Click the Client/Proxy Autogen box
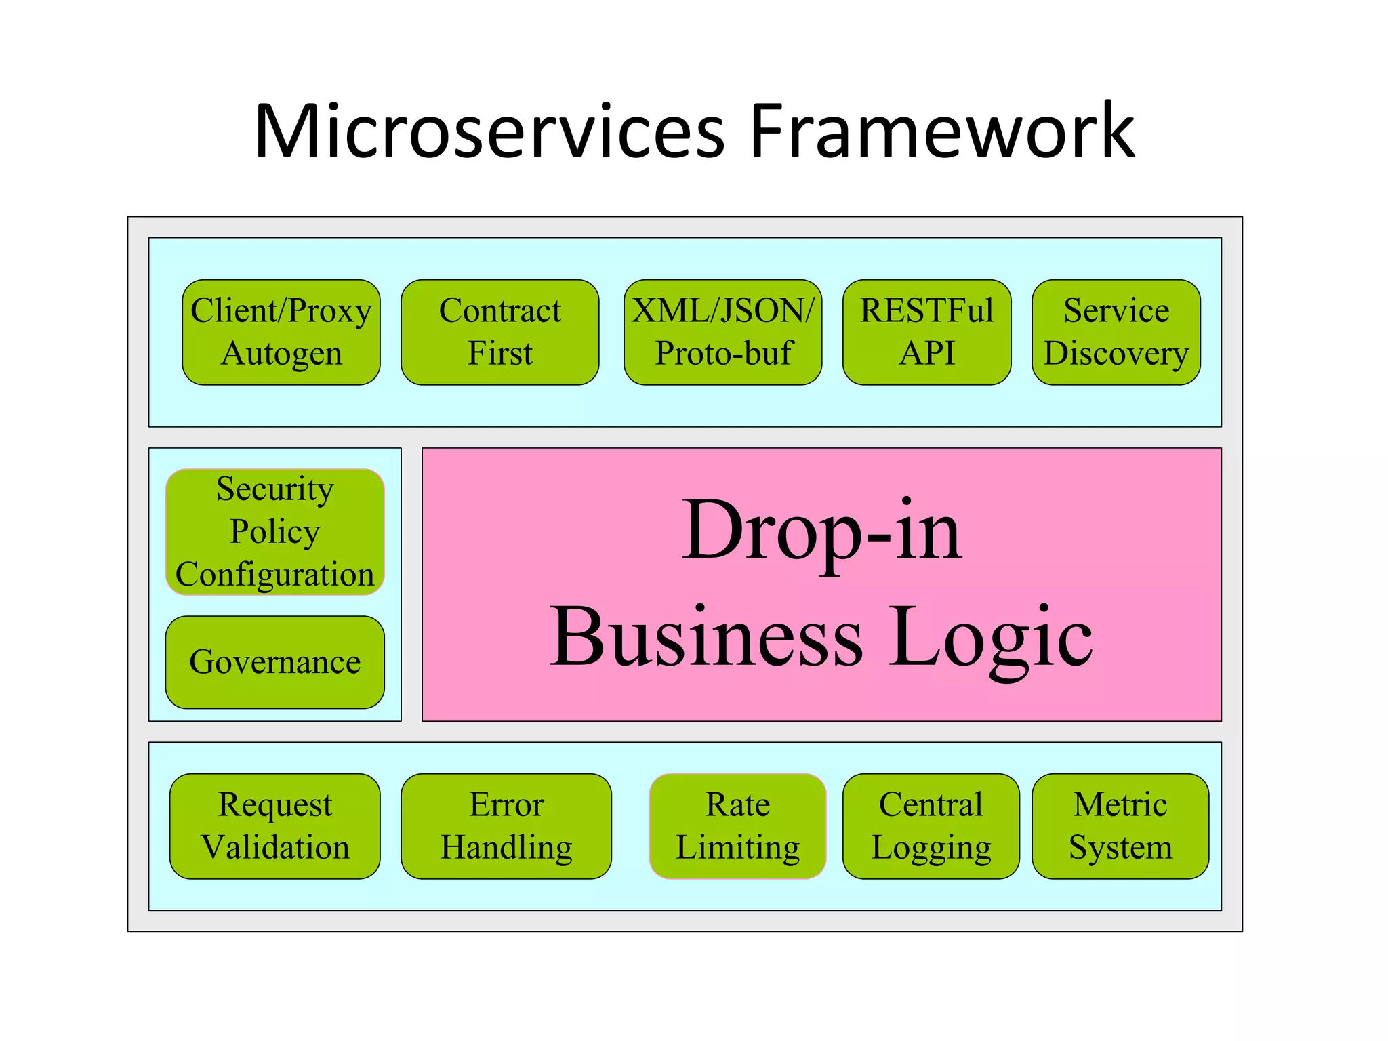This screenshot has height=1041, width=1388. (x=281, y=332)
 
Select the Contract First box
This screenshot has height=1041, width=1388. (x=499, y=332)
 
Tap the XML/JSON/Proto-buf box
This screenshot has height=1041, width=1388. (x=722, y=332)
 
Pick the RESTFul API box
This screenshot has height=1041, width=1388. (x=926, y=332)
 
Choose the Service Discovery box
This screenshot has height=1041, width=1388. (x=1116, y=332)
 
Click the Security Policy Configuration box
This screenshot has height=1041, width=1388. (x=274, y=531)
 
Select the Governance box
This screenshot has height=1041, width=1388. (x=274, y=662)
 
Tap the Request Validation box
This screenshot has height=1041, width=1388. (x=274, y=826)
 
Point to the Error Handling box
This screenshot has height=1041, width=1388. (x=506, y=826)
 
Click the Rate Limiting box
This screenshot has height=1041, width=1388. (x=737, y=826)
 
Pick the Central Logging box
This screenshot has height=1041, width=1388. (x=931, y=826)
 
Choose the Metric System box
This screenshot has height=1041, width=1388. (x=1120, y=826)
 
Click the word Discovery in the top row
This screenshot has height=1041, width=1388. (x=1116, y=354)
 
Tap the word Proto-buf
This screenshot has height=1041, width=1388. (x=724, y=354)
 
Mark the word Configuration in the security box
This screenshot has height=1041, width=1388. (x=274, y=575)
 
